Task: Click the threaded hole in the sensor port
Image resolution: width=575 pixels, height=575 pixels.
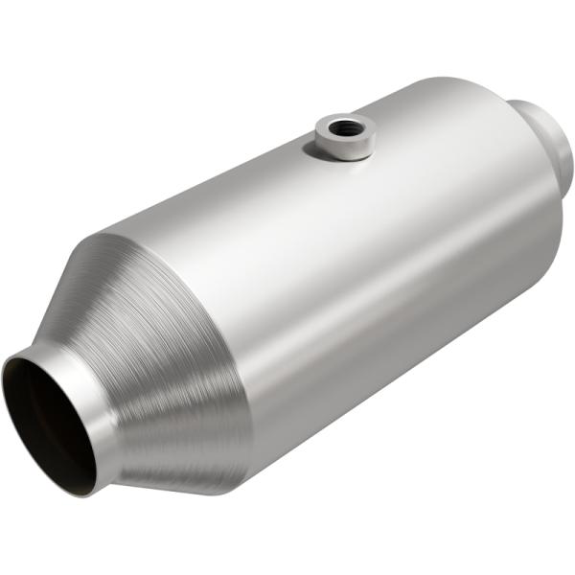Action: coord(340,126)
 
